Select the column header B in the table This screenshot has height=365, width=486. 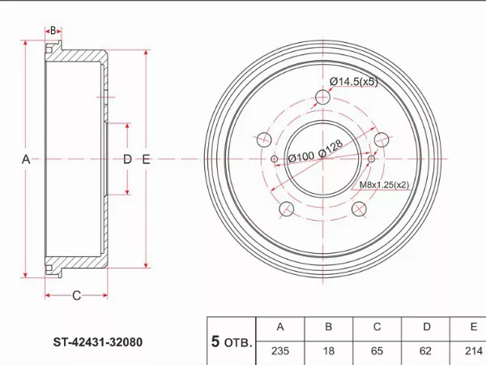point(328,327)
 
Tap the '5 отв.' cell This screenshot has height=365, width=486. point(231,341)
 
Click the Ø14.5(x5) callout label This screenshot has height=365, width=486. point(354,81)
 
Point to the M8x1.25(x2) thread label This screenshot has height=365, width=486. point(384,185)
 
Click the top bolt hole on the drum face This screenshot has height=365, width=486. point(322,98)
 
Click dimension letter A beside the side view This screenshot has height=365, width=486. point(25,159)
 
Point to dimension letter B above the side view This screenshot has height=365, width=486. point(53,31)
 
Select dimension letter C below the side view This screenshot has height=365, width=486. point(76,295)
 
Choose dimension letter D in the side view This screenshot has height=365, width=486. point(126,159)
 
